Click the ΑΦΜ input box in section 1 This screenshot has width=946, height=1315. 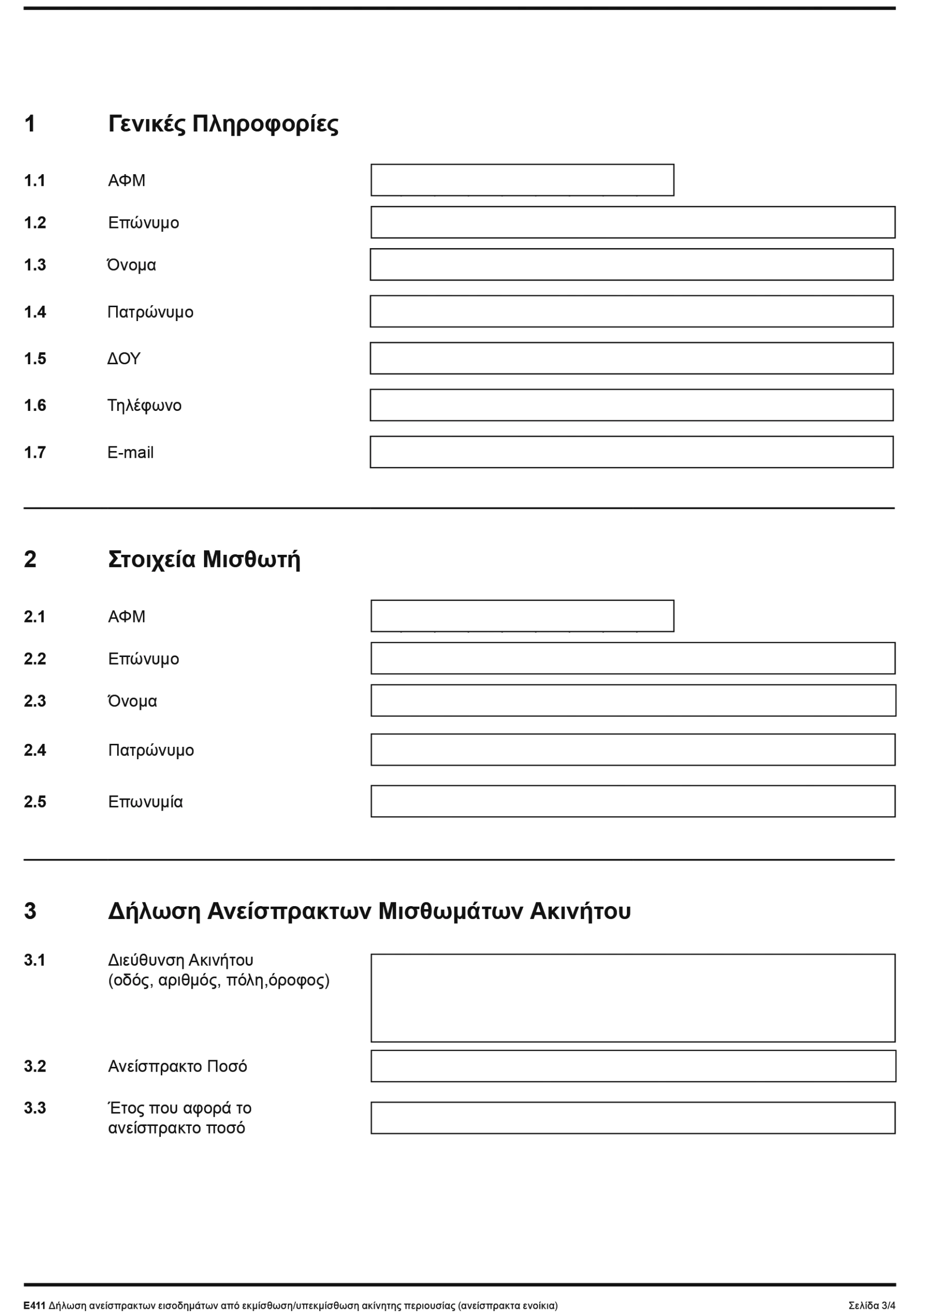tap(522, 180)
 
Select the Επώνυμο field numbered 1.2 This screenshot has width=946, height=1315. tap(633, 222)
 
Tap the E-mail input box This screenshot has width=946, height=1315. tap(632, 452)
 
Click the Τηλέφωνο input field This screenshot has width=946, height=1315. tap(632, 405)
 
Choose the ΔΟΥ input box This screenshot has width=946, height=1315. tap(632, 358)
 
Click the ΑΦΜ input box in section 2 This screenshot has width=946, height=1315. tap(522, 616)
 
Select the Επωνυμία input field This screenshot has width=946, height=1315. tap(633, 801)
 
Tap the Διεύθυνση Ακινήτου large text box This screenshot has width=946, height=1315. tap(633, 997)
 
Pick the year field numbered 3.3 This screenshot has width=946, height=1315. tap(633, 1117)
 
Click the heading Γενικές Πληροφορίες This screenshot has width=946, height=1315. tap(224, 123)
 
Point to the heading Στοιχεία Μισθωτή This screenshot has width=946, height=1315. tap(204, 559)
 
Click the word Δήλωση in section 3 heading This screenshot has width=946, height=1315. tap(154, 911)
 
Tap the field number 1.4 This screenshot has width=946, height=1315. tap(35, 312)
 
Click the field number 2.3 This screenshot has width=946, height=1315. tap(35, 701)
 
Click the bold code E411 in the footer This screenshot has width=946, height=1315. tap(34, 1306)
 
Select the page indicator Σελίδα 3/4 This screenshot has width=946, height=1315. tap(872, 1306)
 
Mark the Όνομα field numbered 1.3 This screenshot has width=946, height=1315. tap(632, 265)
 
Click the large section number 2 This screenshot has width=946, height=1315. tap(30, 559)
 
